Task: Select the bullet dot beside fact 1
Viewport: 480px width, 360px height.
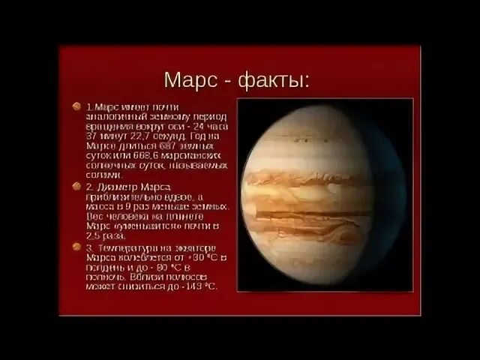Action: pos(76,106)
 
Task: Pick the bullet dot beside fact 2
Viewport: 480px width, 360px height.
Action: pos(76,184)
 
